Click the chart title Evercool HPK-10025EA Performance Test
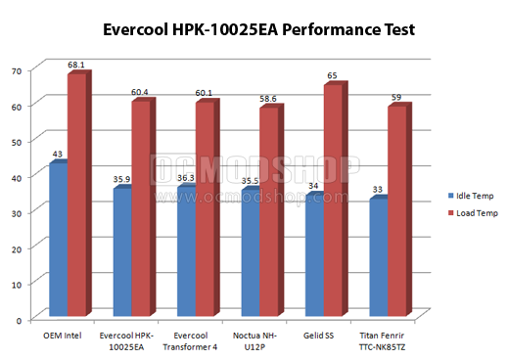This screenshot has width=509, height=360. point(258,29)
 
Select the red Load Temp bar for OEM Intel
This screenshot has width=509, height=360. point(79,193)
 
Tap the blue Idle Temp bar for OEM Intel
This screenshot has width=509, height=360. point(59,238)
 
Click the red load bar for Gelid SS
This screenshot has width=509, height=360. point(336,199)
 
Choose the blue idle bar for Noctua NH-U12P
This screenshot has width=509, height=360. point(251,251)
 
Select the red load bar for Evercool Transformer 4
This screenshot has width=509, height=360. point(208,207)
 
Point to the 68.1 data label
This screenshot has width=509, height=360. point(76,65)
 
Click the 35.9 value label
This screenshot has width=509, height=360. point(121,179)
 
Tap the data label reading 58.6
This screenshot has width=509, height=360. point(268,99)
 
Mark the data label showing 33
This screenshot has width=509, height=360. point(378,189)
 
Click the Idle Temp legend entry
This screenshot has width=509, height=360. point(471,196)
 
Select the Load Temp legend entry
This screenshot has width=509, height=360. point(473,213)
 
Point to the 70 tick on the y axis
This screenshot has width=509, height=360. point(17,70)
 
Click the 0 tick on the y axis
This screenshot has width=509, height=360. point(19,320)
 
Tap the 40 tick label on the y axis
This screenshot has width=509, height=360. point(17,178)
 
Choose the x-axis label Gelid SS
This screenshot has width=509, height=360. point(318,336)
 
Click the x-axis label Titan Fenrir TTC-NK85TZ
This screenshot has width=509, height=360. point(382,341)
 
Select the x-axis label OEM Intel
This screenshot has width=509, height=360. point(63,336)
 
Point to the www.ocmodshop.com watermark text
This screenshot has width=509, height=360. point(252,197)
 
